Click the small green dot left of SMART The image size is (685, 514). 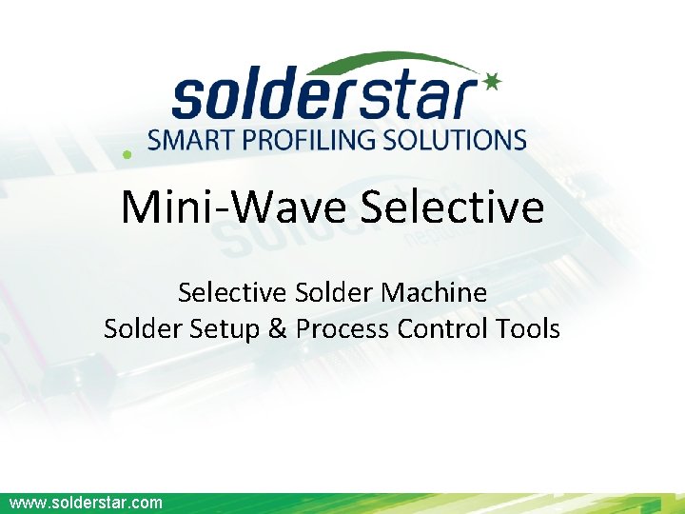pyautogui.click(x=127, y=153)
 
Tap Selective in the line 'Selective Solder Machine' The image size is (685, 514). pyautogui.click(x=234, y=292)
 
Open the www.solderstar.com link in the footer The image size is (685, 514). pyautogui.click(x=86, y=503)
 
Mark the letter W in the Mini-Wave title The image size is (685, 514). pyautogui.click(x=251, y=207)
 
